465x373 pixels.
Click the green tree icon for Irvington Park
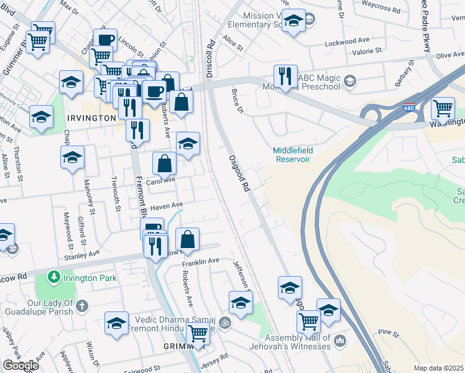pos(55,275)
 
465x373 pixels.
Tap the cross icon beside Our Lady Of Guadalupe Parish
pos(83,305)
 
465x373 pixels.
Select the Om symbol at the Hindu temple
pos(225,323)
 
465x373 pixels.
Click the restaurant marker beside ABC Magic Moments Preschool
pos(285,76)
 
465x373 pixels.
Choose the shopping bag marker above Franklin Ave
pos(188,239)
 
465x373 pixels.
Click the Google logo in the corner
pos(21,365)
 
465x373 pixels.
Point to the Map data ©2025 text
pos(439,368)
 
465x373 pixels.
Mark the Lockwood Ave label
pos(348,43)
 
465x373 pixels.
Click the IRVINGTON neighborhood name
pos(92,117)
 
